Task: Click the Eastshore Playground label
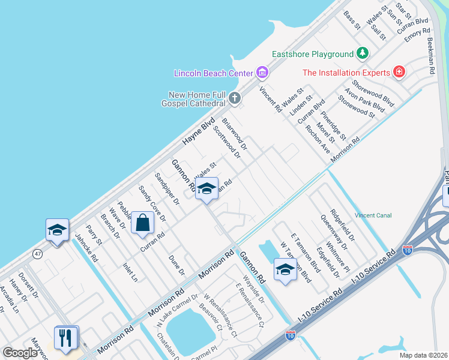pos(312,54)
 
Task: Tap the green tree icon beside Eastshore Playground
pos(363,54)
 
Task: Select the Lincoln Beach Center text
pos(213,73)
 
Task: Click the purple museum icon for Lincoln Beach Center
pos(262,73)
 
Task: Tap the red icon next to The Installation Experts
pos(399,73)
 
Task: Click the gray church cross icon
pos(234,97)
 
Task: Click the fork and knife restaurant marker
pos(66,337)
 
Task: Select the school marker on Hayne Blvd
pos(57,230)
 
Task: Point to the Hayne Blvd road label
pos(198,134)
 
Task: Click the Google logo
pos(20,352)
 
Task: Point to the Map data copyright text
pos(423,355)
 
